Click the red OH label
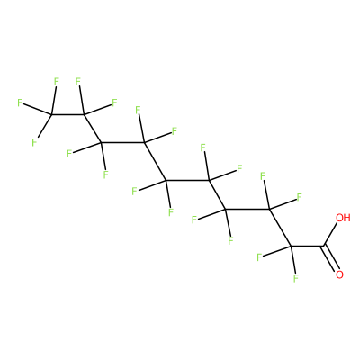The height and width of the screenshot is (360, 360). point(343,218)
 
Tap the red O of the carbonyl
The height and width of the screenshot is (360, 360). point(339,274)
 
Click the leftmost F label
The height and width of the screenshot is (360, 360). point(20,103)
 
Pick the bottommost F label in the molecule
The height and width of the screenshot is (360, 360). point(296,278)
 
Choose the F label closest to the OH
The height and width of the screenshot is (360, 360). point(299,197)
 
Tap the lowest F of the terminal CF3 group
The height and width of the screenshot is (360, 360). point(35,142)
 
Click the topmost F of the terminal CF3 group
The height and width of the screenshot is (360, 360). point(56,82)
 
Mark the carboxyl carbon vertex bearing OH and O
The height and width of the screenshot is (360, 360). point(323,247)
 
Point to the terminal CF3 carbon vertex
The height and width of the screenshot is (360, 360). point(51,114)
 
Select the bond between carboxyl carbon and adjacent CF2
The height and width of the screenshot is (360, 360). point(307,247)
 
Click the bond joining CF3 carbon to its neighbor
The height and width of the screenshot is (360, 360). point(67,114)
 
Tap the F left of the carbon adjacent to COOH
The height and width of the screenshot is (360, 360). point(259,257)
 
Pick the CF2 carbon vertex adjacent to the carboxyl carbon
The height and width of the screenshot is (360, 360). point(291,247)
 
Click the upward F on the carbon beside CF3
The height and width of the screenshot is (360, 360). point(78,82)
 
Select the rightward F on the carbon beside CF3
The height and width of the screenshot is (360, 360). point(114,103)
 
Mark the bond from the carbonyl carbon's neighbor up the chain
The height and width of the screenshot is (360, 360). point(280,228)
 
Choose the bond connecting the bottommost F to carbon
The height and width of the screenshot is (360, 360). point(293,260)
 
